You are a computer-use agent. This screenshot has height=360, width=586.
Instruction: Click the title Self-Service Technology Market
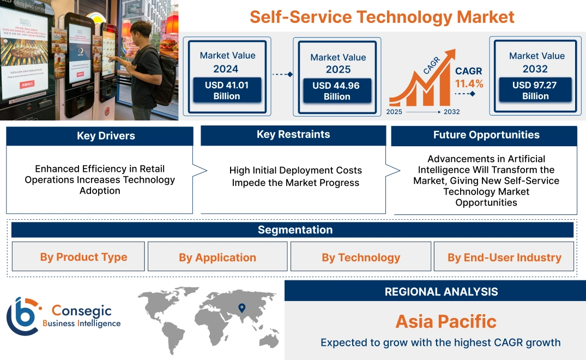click(x=382, y=16)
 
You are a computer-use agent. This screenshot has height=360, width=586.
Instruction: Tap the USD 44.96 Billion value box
click(x=336, y=91)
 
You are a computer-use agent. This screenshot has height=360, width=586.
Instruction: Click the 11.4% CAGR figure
click(x=469, y=83)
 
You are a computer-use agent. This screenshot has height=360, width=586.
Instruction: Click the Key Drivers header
click(x=106, y=136)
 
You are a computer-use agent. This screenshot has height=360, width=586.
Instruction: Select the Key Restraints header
click(x=293, y=135)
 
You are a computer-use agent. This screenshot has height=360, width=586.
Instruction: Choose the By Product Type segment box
click(x=83, y=257)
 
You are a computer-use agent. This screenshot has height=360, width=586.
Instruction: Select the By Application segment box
click(x=218, y=257)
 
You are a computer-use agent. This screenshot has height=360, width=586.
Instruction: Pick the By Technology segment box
click(x=360, y=257)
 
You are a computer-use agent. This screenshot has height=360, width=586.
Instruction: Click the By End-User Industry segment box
click(x=504, y=257)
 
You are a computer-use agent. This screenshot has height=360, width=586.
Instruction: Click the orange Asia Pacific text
click(x=445, y=321)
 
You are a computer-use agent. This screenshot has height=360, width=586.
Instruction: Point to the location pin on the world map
click(x=242, y=309)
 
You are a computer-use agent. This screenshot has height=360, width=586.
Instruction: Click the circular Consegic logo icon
click(x=23, y=316)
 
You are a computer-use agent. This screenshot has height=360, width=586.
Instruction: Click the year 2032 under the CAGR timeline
click(x=451, y=112)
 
